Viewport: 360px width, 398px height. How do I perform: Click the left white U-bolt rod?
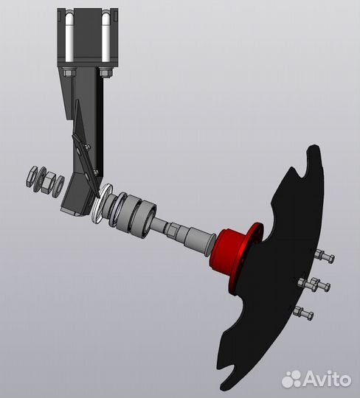pos(69,38)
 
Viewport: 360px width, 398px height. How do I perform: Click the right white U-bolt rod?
pos(105,38)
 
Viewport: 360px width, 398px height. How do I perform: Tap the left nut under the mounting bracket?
pos(69,72)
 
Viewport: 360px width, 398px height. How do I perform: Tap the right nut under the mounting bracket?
pos(105,72)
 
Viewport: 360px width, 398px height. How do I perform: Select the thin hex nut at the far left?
pos(32,177)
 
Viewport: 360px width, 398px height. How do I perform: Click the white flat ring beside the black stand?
pos(102,203)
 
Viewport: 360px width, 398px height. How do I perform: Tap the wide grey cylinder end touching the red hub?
pos(200,240)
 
